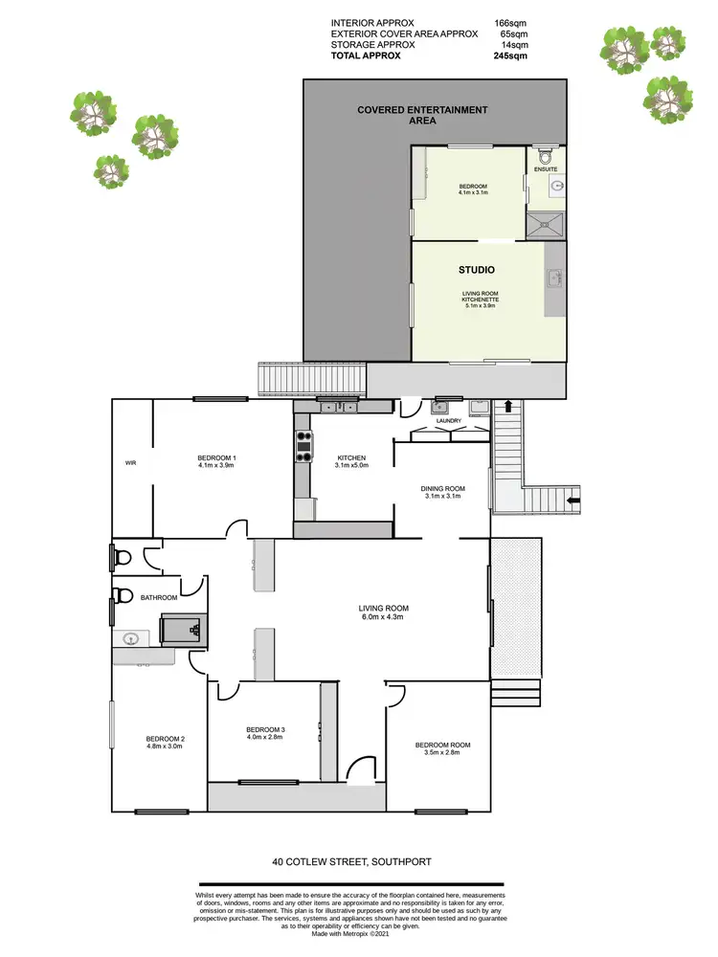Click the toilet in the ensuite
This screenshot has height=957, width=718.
tap(546, 154)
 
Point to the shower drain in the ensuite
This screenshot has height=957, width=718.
tap(548, 226)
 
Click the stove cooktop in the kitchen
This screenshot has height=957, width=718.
tap(303, 446)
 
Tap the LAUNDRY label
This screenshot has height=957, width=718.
tap(449, 421)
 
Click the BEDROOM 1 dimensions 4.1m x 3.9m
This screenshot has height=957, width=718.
tap(216, 465)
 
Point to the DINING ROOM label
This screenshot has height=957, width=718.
tap(441, 488)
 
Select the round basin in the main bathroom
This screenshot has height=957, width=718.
tap(132, 637)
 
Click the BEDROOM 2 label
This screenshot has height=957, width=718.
tap(165, 738)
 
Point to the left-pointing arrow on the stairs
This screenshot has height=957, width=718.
tap(572, 499)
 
